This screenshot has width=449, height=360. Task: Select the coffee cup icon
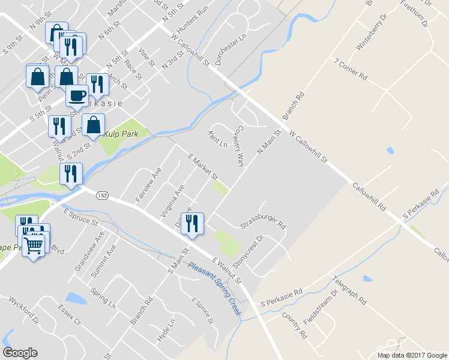click(x=76, y=96)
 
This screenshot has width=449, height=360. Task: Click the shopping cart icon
click(x=34, y=245)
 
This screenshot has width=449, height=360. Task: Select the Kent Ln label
click(x=217, y=140)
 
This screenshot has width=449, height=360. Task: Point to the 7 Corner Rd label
click(x=351, y=70)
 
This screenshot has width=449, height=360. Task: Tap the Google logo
click(x=20, y=353)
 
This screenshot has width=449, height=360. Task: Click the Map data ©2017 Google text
click(x=411, y=355)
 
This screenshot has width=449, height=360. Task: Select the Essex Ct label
click(x=69, y=314)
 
